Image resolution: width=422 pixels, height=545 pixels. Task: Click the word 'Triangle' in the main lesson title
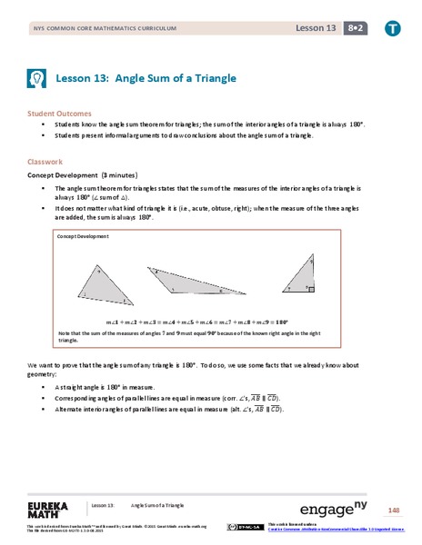point(213,78)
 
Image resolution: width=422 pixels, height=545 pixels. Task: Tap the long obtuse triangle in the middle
point(193,282)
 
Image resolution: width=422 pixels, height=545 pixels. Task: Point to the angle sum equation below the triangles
point(197,322)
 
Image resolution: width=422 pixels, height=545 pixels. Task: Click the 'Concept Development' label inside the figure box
point(83,236)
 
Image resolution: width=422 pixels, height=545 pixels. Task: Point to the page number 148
point(394,510)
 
